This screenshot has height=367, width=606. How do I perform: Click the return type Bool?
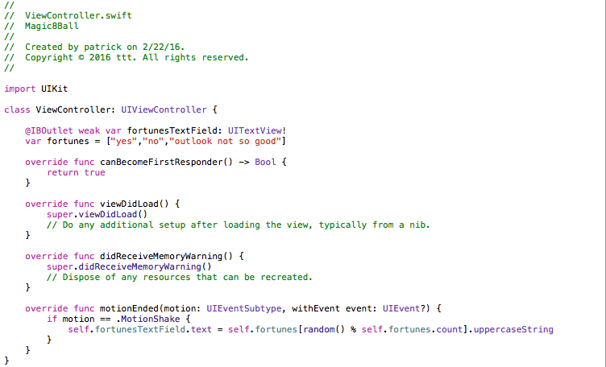266,162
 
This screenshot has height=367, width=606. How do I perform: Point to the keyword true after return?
94,172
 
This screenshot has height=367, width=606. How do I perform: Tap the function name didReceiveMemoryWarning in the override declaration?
164,256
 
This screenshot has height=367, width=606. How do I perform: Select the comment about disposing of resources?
179,277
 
